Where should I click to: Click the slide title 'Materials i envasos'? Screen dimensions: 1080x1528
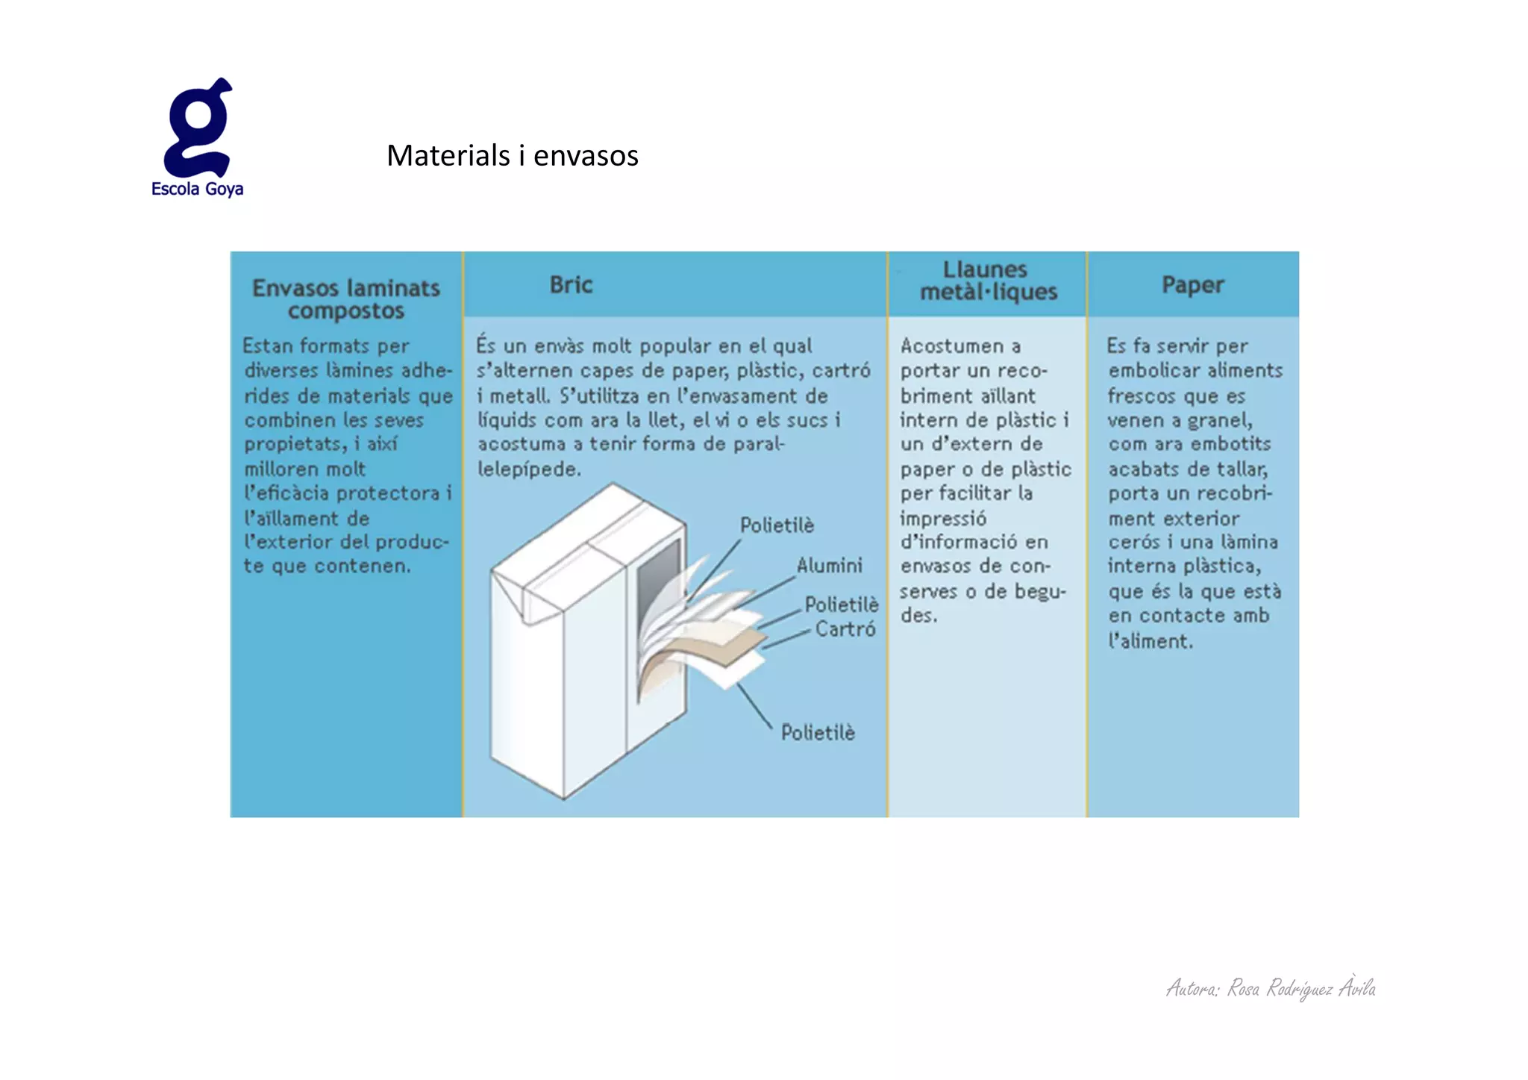(512, 155)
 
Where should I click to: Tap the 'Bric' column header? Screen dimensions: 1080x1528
(571, 285)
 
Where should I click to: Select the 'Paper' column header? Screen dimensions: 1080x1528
(1192, 285)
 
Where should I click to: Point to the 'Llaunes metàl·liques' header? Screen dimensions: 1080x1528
(988, 281)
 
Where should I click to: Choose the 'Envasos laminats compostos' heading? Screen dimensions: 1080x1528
(346, 299)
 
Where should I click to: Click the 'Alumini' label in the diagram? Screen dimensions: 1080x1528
(829, 566)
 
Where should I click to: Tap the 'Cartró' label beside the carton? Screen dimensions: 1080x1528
(845, 629)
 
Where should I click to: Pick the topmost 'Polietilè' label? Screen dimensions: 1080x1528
(777, 525)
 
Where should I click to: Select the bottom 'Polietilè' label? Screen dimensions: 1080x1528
(818, 733)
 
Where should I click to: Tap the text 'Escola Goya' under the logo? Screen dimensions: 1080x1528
(197, 189)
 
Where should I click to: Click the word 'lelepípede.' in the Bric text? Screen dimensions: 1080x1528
(529, 469)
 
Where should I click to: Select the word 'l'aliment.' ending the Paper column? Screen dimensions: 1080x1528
(1150, 641)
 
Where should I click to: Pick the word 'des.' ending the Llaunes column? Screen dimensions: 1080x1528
(918, 616)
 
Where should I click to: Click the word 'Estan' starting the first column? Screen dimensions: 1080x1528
(267, 346)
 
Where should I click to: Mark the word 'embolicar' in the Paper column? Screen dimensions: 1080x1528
(1153, 371)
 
